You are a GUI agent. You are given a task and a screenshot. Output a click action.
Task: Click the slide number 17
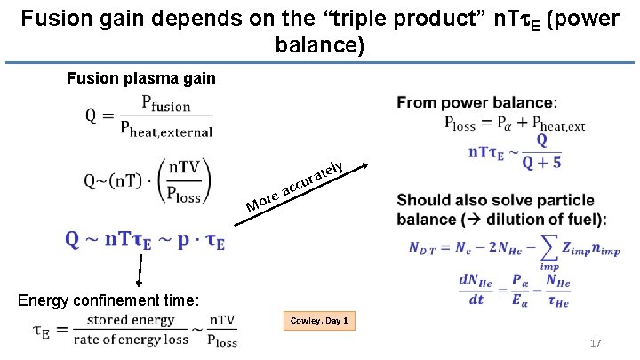tap(596, 343)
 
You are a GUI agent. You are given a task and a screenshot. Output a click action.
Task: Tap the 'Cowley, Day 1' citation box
tap(319, 320)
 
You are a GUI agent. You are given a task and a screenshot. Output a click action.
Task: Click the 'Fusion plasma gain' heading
tap(141, 78)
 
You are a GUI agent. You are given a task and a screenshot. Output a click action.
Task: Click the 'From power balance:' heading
tap(477, 103)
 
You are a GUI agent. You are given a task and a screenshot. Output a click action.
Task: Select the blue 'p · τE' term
tap(197, 241)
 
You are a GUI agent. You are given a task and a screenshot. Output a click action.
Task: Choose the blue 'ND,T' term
tap(429, 247)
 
